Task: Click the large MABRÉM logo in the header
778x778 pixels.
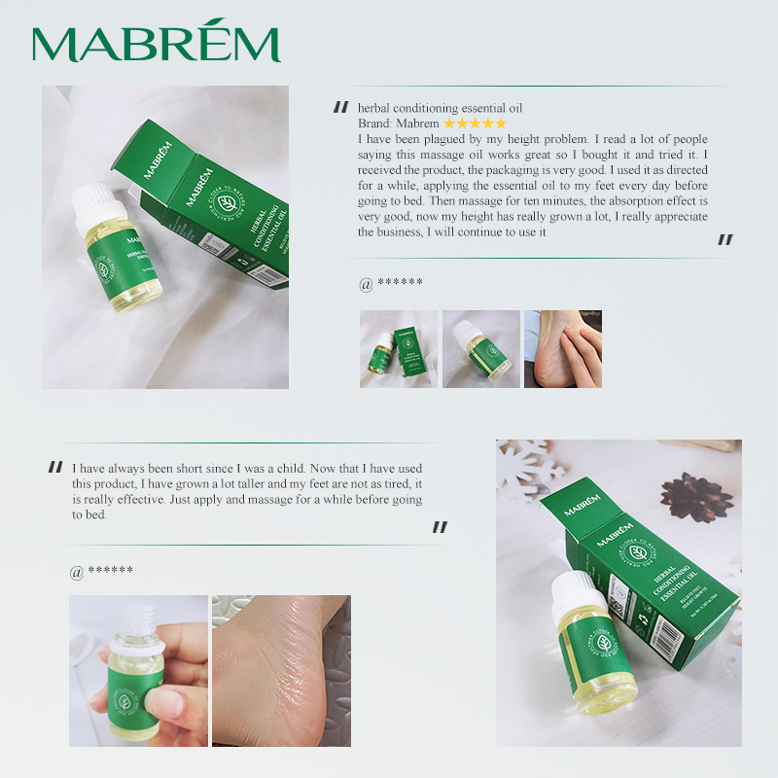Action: pyautogui.click(x=156, y=43)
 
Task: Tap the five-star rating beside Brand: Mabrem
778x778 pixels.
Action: pyautogui.click(x=475, y=124)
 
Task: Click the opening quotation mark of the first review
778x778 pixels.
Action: pyautogui.click(x=340, y=108)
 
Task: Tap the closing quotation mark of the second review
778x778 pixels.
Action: pyautogui.click(x=440, y=527)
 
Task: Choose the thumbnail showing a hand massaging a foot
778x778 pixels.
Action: pyautogui.click(x=562, y=349)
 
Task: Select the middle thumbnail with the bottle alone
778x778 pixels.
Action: pyautogui.click(x=480, y=349)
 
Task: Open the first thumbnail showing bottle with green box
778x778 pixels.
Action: pyautogui.click(x=399, y=349)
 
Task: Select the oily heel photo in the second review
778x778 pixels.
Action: pyautogui.click(x=281, y=671)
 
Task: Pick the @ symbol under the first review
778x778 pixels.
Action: pyautogui.click(x=366, y=284)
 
